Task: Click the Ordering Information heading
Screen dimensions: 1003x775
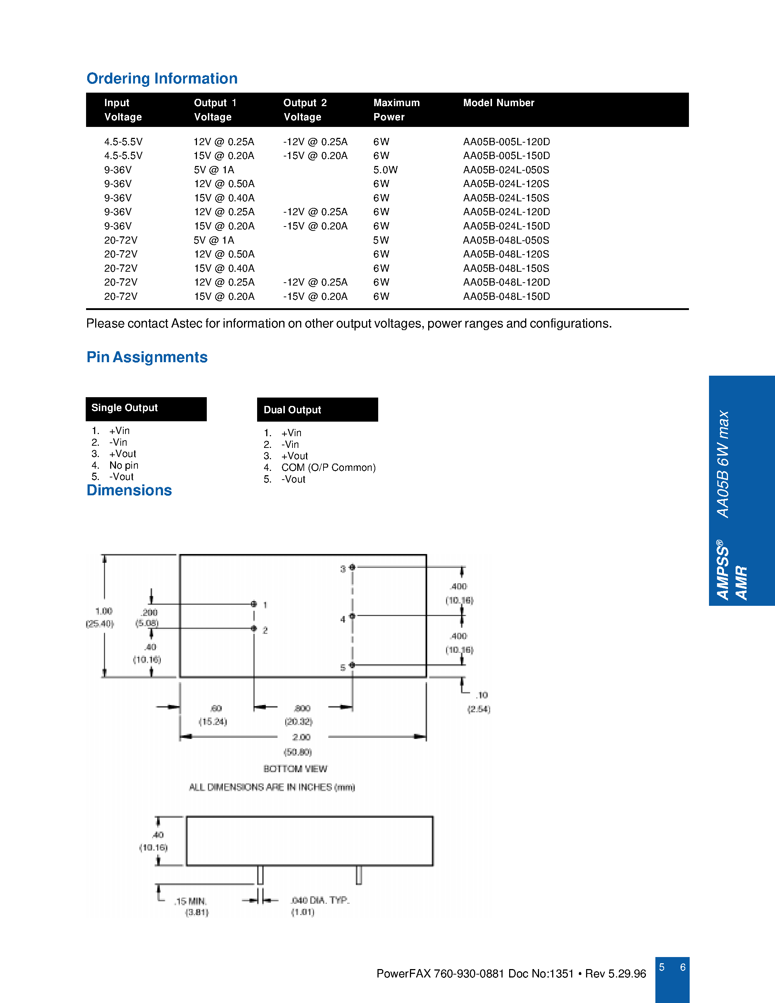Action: (162, 78)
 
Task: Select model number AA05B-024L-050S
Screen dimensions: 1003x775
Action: (506, 170)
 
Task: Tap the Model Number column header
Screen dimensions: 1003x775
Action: (499, 103)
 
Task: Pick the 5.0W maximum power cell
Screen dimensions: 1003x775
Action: (385, 170)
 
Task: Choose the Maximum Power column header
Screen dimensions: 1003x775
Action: (396, 110)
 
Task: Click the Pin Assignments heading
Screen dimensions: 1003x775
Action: (147, 357)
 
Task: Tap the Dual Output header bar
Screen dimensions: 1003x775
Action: (317, 410)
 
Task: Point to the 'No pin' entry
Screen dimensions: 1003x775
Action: (124, 465)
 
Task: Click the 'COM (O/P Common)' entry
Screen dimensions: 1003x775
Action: (328, 468)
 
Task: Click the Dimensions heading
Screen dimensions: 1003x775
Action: (129, 491)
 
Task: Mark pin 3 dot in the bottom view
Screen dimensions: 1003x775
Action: (352, 567)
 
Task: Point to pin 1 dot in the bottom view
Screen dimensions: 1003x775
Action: (254, 604)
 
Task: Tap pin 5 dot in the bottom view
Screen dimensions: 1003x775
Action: (352, 665)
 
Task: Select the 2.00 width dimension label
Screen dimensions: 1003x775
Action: (301, 737)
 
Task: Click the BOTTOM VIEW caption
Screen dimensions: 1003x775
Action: (295, 769)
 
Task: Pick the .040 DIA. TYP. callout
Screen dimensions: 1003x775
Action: (320, 900)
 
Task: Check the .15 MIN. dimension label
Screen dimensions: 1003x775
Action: (190, 902)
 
